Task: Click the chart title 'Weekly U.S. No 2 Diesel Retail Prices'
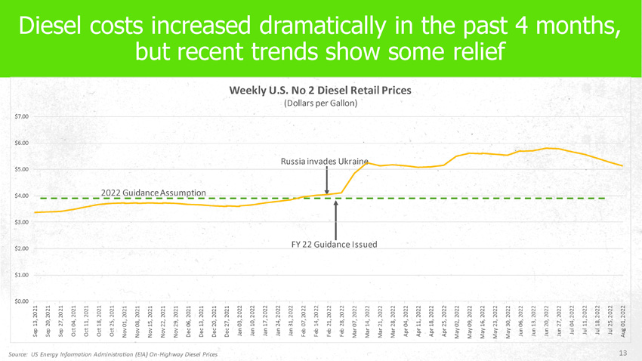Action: coord(320,90)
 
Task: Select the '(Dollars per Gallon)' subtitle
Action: coord(320,103)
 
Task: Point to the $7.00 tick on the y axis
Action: coord(21,116)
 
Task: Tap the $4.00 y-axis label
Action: coord(21,196)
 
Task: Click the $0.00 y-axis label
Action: coord(21,302)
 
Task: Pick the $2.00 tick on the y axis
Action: coord(21,249)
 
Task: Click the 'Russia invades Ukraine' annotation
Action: coord(324,162)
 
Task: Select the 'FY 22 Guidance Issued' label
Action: coord(334,244)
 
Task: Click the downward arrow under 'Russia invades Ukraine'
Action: coord(326,181)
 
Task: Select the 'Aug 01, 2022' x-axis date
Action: coord(622,321)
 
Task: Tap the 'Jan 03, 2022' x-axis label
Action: coord(239,321)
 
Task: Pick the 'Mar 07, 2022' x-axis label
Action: coord(355,321)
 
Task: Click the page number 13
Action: coord(623,353)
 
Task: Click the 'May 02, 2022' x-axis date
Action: coord(457,321)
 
